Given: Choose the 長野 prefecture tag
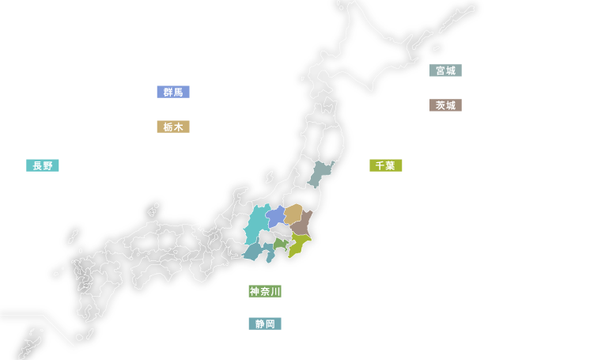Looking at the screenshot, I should [41, 165].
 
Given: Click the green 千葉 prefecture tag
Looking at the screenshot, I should [385, 165].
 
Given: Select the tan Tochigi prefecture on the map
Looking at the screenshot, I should [293, 214].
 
